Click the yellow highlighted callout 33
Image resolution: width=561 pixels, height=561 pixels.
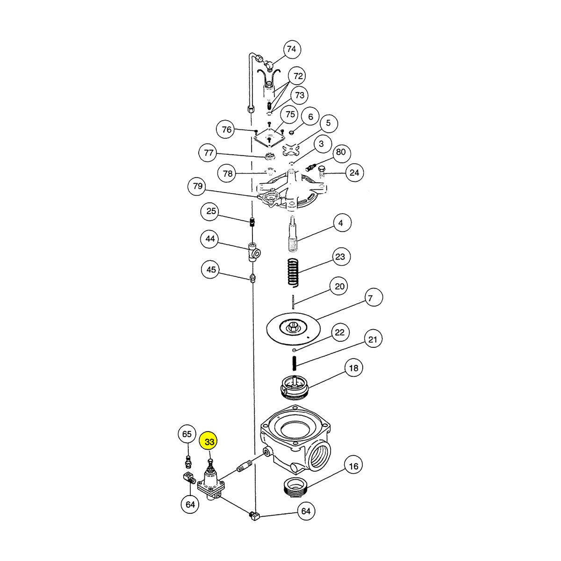209,442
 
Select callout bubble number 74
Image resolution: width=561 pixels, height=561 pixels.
291,49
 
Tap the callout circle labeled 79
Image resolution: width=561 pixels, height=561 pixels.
198,187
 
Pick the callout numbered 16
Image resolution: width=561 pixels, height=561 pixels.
353,466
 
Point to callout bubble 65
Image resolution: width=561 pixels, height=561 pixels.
187,434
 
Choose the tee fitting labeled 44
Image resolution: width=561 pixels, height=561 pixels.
254,252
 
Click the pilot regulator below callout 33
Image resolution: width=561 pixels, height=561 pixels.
211,482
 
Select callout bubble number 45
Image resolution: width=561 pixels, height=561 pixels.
212,270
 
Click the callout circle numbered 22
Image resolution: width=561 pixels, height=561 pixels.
339,332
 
